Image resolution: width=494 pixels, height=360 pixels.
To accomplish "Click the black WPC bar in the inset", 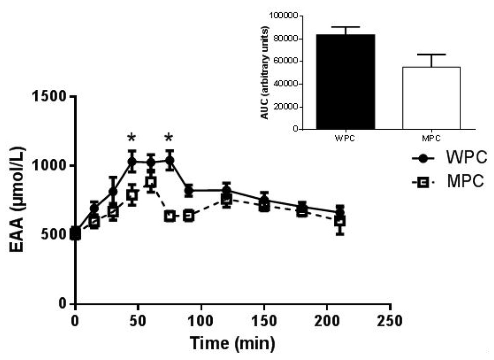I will pyautogui.click(x=345, y=82).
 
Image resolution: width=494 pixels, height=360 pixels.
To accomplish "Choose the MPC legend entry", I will pyautogui.click(x=443, y=182).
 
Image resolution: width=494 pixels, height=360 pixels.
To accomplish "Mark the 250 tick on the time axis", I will pyautogui.click(x=390, y=320).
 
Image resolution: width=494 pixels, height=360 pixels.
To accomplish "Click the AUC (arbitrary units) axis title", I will pyautogui.click(x=264, y=72).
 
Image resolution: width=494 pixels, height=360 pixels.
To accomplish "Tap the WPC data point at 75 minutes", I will pyautogui.click(x=169, y=160).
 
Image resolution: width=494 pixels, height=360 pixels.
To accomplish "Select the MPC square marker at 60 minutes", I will pyautogui.click(x=151, y=182).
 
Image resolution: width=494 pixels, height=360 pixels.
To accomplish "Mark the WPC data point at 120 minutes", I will pyautogui.click(x=226, y=190).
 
